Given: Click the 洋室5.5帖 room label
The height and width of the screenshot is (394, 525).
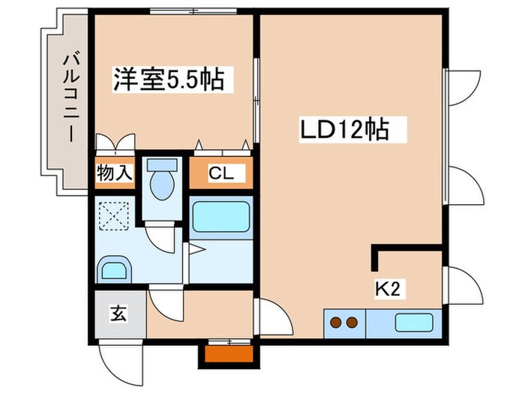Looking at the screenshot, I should click(169, 79).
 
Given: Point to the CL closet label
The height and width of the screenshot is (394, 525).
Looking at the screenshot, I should click(220, 174).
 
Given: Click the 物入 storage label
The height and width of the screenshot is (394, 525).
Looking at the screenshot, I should click(114, 173).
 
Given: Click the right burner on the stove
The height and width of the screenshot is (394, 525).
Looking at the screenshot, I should click(350, 323).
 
